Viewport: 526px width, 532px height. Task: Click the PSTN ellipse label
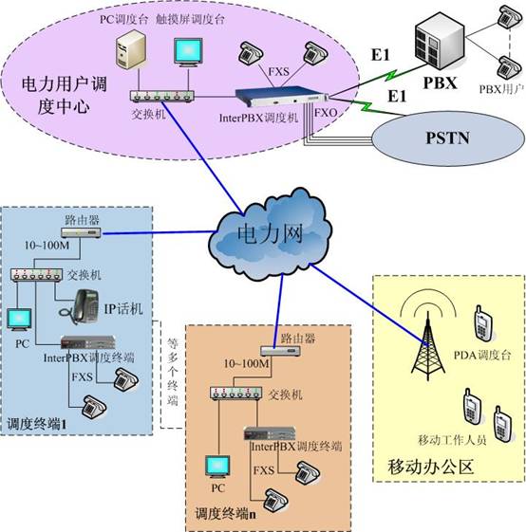[447, 138]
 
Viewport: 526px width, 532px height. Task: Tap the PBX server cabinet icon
[440, 41]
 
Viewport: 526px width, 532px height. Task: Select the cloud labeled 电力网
[270, 235]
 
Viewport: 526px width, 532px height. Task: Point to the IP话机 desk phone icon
[81, 306]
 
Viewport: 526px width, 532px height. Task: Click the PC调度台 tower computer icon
[131, 49]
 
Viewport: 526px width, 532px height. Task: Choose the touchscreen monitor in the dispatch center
[188, 52]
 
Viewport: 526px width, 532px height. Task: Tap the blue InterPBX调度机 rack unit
[282, 97]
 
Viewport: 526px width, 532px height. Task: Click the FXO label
[326, 113]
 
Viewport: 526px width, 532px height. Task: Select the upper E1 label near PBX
[380, 55]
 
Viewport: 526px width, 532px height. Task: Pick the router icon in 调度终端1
[81, 232]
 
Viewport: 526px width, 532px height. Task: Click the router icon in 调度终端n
[280, 351]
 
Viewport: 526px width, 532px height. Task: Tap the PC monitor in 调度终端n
[217, 468]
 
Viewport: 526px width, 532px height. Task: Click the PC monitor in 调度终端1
[19, 320]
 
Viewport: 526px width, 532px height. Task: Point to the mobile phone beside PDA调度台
[483, 323]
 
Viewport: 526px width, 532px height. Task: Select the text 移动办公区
[430, 467]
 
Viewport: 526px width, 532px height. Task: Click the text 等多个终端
[173, 372]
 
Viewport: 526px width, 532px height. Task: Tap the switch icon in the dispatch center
[161, 97]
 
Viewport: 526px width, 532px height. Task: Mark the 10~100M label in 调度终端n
[246, 364]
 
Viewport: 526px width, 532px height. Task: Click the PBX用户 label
[501, 89]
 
